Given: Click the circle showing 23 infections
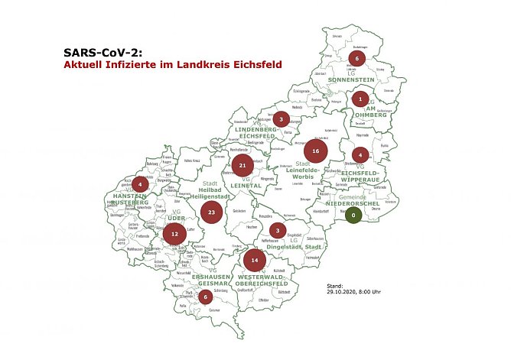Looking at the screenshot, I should tap(211, 212).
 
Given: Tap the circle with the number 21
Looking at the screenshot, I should tap(242, 165).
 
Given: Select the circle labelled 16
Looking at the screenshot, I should tap(314, 152).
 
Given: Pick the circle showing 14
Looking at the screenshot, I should tap(254, 261).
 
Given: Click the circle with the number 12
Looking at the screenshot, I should tap(174, 233).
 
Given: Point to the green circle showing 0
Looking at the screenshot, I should tap(353, 216).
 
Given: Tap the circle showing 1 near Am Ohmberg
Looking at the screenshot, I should tap(360, 99).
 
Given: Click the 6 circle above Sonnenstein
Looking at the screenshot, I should tap(356, 58).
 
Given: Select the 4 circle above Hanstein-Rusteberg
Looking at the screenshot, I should tap(140, 183).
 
